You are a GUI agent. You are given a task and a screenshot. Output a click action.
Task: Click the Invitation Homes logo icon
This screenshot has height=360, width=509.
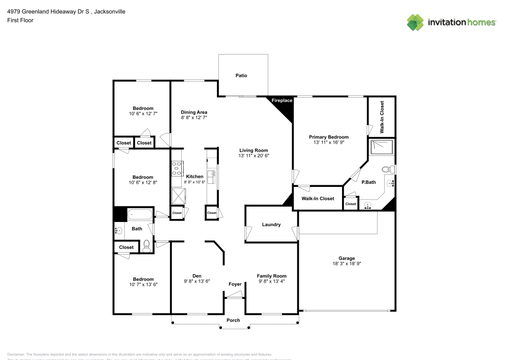[415, 22]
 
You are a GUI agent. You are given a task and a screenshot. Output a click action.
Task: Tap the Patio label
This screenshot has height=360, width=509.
[241, 75]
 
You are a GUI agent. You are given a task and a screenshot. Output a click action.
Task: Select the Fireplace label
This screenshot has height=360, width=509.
[281, 100]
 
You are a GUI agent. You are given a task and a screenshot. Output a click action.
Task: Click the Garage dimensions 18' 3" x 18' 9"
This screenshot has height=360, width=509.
[347, 264]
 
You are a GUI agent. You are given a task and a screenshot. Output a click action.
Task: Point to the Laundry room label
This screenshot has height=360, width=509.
[271, 225]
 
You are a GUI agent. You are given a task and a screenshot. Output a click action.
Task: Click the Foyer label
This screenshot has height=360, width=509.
[235, 284]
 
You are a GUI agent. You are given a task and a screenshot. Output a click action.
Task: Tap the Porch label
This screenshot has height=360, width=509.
[233, 320]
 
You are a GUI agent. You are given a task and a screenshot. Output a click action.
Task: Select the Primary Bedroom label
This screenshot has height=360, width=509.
[329, 137]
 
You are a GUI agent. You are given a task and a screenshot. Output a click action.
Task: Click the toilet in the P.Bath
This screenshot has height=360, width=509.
[386, 169]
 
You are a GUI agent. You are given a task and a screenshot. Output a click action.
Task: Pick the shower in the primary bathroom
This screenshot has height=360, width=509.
[382, 146]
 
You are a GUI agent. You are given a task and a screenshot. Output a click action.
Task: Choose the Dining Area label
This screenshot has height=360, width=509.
[194, 112]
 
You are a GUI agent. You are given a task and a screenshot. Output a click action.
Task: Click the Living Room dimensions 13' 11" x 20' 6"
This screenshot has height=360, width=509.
[253, 156]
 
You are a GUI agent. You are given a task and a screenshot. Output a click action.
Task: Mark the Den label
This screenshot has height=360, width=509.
[196, 275]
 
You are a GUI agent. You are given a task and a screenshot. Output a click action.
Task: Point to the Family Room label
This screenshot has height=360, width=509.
[271, 275]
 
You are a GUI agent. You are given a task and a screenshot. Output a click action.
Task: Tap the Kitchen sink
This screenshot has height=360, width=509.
[211, 176]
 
